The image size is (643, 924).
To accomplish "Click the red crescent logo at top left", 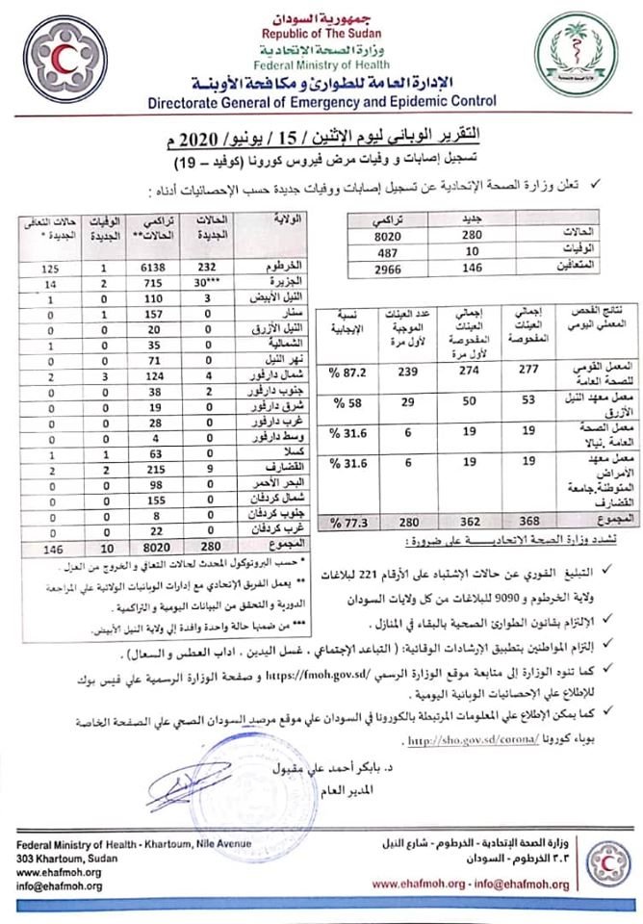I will click(x=65, y=59).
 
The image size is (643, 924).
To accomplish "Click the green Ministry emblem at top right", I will click(x=576, y=59).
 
